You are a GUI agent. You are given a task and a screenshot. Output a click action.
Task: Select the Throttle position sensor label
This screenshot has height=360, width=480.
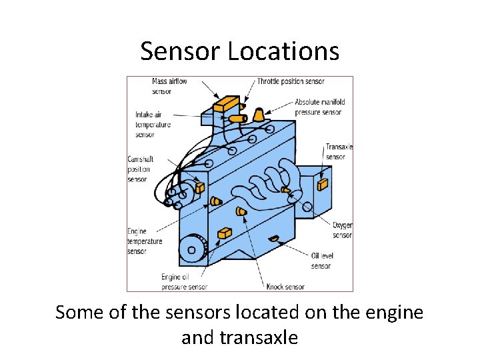(x=291, y=81)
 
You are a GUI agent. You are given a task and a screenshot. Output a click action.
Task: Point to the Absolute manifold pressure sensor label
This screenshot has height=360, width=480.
(x=319, y=107)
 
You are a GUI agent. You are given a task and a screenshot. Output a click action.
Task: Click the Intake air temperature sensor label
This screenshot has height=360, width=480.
(x=153, y=124)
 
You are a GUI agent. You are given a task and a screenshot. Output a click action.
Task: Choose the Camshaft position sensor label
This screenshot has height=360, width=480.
(x=139, y=169)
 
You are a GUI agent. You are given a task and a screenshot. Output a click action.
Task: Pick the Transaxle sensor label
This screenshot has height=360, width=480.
(x=339, y=151)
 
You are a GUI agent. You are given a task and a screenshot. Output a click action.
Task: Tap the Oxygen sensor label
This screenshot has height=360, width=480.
(x=343, y=230)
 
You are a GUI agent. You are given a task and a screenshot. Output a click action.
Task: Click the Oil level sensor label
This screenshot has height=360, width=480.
(x=321, y=261)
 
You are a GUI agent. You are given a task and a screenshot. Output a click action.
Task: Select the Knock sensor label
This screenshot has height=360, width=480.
(x=285, y=287)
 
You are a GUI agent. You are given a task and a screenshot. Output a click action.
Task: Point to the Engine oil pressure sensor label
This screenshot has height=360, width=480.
(x=183, y=282)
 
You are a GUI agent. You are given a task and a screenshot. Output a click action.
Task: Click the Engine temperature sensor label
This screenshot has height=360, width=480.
(x=145, y=241)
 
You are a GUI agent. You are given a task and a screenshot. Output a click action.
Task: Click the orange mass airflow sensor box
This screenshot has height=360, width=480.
(x=227, y=103)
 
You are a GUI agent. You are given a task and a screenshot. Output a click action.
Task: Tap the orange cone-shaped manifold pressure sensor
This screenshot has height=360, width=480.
(x=258, y=115)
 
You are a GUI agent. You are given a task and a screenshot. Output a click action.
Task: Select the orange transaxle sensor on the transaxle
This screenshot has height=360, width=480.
(x=323, y=183)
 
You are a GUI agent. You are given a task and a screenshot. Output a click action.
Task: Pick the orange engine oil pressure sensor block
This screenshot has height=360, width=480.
(x=225, y=233)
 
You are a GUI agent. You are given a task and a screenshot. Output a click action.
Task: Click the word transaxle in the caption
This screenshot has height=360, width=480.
(x=239, y=337)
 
